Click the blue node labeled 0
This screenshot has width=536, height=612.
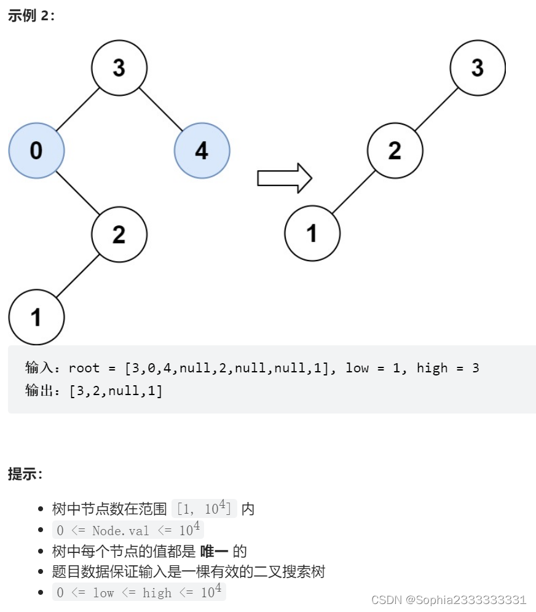click(x=36, y=151)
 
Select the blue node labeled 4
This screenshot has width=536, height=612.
click(x=202, y=151)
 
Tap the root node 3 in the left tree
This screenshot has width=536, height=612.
click(x=119, y=68)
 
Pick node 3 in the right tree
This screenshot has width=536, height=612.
click(x=478, y=68)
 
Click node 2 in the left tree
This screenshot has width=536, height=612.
click(x=119, y=233)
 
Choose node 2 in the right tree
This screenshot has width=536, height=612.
click(x=395, y=151)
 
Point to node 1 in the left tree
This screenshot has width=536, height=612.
click(x=36, y=316)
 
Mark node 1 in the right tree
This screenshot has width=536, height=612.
click(x=312, y=233)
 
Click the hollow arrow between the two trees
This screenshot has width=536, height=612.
click(x=285, y=178)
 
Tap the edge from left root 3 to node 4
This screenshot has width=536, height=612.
click(x=160, y=109)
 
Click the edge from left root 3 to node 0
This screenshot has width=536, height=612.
click(x=77, y=109)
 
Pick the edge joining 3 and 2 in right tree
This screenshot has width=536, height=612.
click(x=436, y=109)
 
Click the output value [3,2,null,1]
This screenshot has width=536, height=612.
click(x=116, y=391)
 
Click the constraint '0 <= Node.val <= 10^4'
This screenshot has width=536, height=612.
click(x=127, y=530)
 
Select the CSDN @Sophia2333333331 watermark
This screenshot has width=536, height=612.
click(x=449, y=600)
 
